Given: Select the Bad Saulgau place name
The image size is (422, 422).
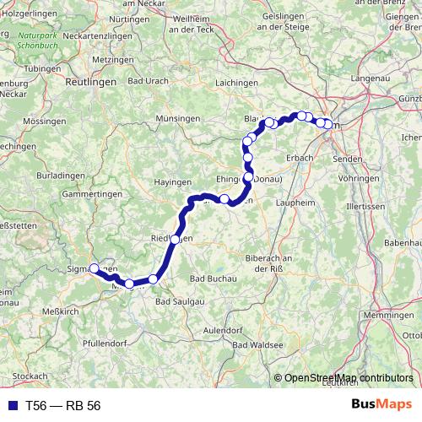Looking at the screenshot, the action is [x=179, y=300].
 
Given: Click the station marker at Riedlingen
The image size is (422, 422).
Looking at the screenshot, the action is [x=175, y=240].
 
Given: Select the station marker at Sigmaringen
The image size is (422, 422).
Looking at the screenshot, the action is [x=95, y=268].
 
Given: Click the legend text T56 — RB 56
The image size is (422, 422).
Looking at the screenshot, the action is [x=62, y=405].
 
